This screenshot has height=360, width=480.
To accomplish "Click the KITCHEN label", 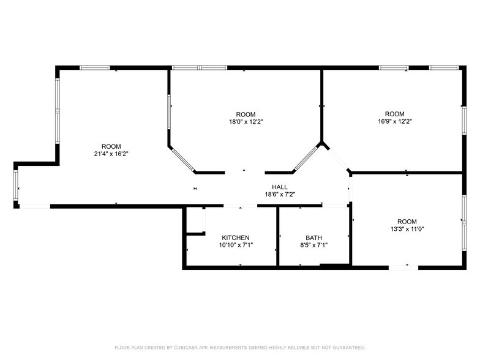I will point(236,238).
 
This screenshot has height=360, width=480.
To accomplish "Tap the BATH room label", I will point(313,238).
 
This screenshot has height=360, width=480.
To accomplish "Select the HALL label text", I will point(280,187).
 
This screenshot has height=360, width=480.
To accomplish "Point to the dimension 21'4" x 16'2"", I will point(111,154).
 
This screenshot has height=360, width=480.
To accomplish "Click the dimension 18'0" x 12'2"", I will point(246,122).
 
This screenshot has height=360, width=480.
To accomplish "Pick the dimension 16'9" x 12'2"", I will point(394,121).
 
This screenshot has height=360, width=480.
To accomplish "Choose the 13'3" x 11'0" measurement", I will point(407,229).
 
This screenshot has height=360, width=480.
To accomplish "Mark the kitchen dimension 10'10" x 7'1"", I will point(236,245).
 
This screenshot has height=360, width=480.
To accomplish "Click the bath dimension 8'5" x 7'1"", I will point(313,245).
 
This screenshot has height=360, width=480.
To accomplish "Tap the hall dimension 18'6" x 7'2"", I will point(280,195).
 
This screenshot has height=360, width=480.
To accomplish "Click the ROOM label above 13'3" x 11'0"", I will point(407,222).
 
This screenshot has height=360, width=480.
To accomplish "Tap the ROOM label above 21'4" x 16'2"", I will point(111,146).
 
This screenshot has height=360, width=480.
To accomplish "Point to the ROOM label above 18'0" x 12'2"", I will point(246,114).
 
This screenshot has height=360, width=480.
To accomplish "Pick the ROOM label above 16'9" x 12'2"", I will point(394,114).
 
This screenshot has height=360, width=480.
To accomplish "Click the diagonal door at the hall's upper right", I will point(336,159).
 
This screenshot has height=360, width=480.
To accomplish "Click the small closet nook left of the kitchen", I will point(194,220).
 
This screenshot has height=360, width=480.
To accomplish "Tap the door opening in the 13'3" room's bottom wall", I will point(403,267).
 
